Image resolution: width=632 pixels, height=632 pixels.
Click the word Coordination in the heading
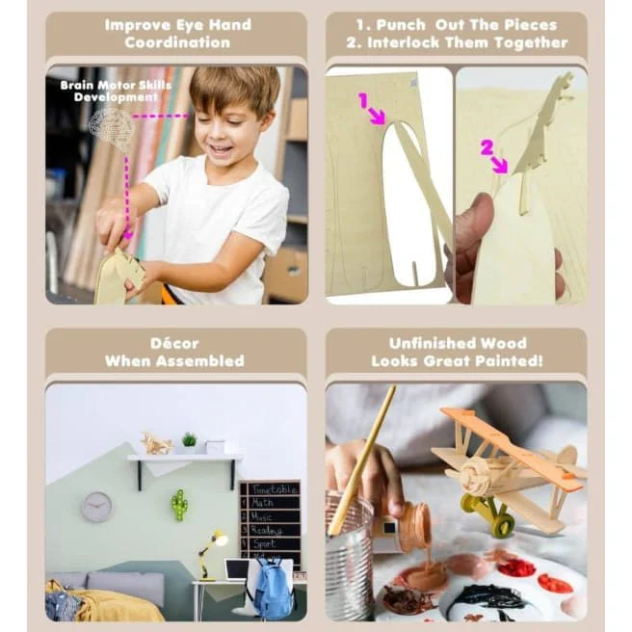point(177,42)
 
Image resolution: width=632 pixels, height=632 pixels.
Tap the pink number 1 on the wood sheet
point(363,100)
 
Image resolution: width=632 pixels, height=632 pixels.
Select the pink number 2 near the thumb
point(487,147)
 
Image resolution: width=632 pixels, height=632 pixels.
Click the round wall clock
point(97,507)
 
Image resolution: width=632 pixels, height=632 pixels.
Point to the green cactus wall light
point(179,505)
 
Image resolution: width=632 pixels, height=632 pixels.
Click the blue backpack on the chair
point(273,588)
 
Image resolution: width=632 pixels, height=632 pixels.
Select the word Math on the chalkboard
point(262,503)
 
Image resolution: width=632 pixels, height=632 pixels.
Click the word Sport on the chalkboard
point(264,543)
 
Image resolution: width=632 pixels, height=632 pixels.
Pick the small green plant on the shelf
point(189,439)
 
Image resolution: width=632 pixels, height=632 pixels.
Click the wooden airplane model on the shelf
point(157,443)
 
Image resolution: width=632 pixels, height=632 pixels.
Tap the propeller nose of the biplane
point(474,476)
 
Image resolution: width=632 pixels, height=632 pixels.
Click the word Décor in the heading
point(174,343)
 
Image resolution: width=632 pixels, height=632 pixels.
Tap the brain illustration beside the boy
point(112,126)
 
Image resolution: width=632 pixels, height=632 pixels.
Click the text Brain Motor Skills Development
point(116,92)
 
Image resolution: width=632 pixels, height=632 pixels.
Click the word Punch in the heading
point(401,25)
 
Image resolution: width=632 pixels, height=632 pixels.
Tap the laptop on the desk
point(237,570)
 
